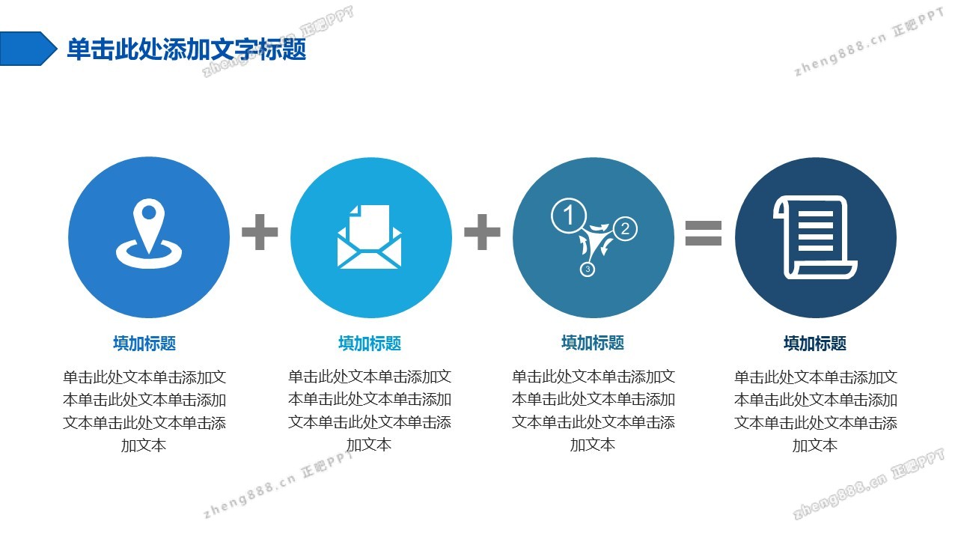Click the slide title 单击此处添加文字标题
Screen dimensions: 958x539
(x=186, y=49)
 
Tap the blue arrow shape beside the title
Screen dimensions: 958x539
(x=28, y=49)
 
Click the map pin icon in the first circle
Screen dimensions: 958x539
(x=149, y=233)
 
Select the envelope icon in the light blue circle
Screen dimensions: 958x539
(x=370, y=237)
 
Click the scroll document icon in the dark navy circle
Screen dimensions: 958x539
(x=815, y=237)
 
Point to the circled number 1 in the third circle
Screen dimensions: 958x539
(x=568, y=215)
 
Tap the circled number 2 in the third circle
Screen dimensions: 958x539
(x=625, y=228)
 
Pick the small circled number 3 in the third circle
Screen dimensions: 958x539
(x=588, y=269)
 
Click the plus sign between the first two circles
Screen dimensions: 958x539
(x=260, y=232)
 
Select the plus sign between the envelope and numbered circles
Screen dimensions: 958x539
(x=482, y=232)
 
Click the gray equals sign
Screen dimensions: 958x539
(x=704, y=233)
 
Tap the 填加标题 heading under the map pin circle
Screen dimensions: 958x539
(x=144, y=344)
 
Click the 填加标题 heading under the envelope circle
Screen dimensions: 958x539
(x=370, y=344)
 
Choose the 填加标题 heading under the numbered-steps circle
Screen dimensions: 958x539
(x=593, y=343)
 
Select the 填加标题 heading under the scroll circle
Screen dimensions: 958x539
(x=815, y=344)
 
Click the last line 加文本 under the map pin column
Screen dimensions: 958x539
(x=144, y=445)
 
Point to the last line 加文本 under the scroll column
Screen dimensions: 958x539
(x=815, y=445)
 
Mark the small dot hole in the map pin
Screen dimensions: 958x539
(x=149, y=212)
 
